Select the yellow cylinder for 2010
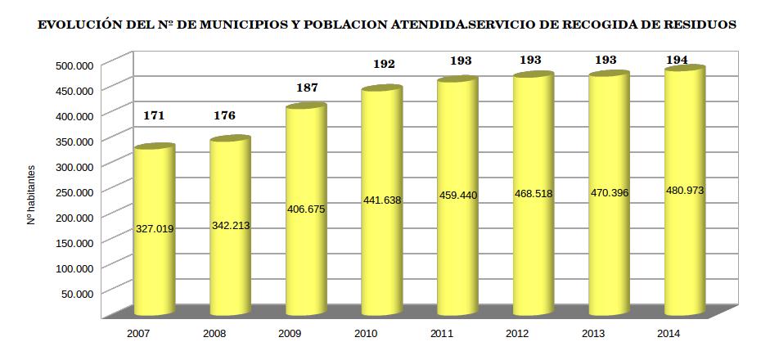click(x=381, y=245)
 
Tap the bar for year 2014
click(x=685, y=245)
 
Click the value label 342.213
click(x=230, y=225)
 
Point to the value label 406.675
click(x=306, y=209)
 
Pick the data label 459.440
click(x=457, y=196)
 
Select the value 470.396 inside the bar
click(x=609, y=192)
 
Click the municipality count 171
click(x=154, y=115)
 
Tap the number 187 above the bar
click(x=307, y=88)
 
